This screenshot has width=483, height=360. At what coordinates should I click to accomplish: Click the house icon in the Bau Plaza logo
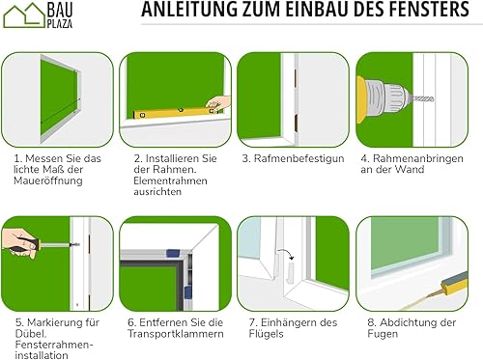coord(24,15)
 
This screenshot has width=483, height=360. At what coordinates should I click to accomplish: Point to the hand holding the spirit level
coord(219,102)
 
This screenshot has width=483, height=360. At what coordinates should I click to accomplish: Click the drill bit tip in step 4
coord(433,98)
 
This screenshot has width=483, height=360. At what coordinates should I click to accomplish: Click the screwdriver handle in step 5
coord(24,244)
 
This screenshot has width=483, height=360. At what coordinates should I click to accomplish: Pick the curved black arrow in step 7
coord(287,253)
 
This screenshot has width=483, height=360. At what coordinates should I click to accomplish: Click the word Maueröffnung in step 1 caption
coord(48,180)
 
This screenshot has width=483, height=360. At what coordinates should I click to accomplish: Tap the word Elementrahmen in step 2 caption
coord(170,180)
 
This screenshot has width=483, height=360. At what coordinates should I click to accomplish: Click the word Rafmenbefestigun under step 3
coord(298,158)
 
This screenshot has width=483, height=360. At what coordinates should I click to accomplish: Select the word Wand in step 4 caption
coord(410,169)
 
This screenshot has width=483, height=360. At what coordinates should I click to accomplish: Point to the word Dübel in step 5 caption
coord(31,333)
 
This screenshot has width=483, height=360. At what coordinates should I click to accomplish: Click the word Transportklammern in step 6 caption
coord(176,334)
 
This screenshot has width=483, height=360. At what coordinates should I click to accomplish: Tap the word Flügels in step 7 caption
coord(267,334)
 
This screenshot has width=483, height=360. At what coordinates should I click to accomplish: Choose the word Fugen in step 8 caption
coord(383,334)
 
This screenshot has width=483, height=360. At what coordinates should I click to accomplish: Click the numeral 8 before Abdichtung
coord(371,322)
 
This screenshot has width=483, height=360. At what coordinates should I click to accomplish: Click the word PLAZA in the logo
coord(60,24)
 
